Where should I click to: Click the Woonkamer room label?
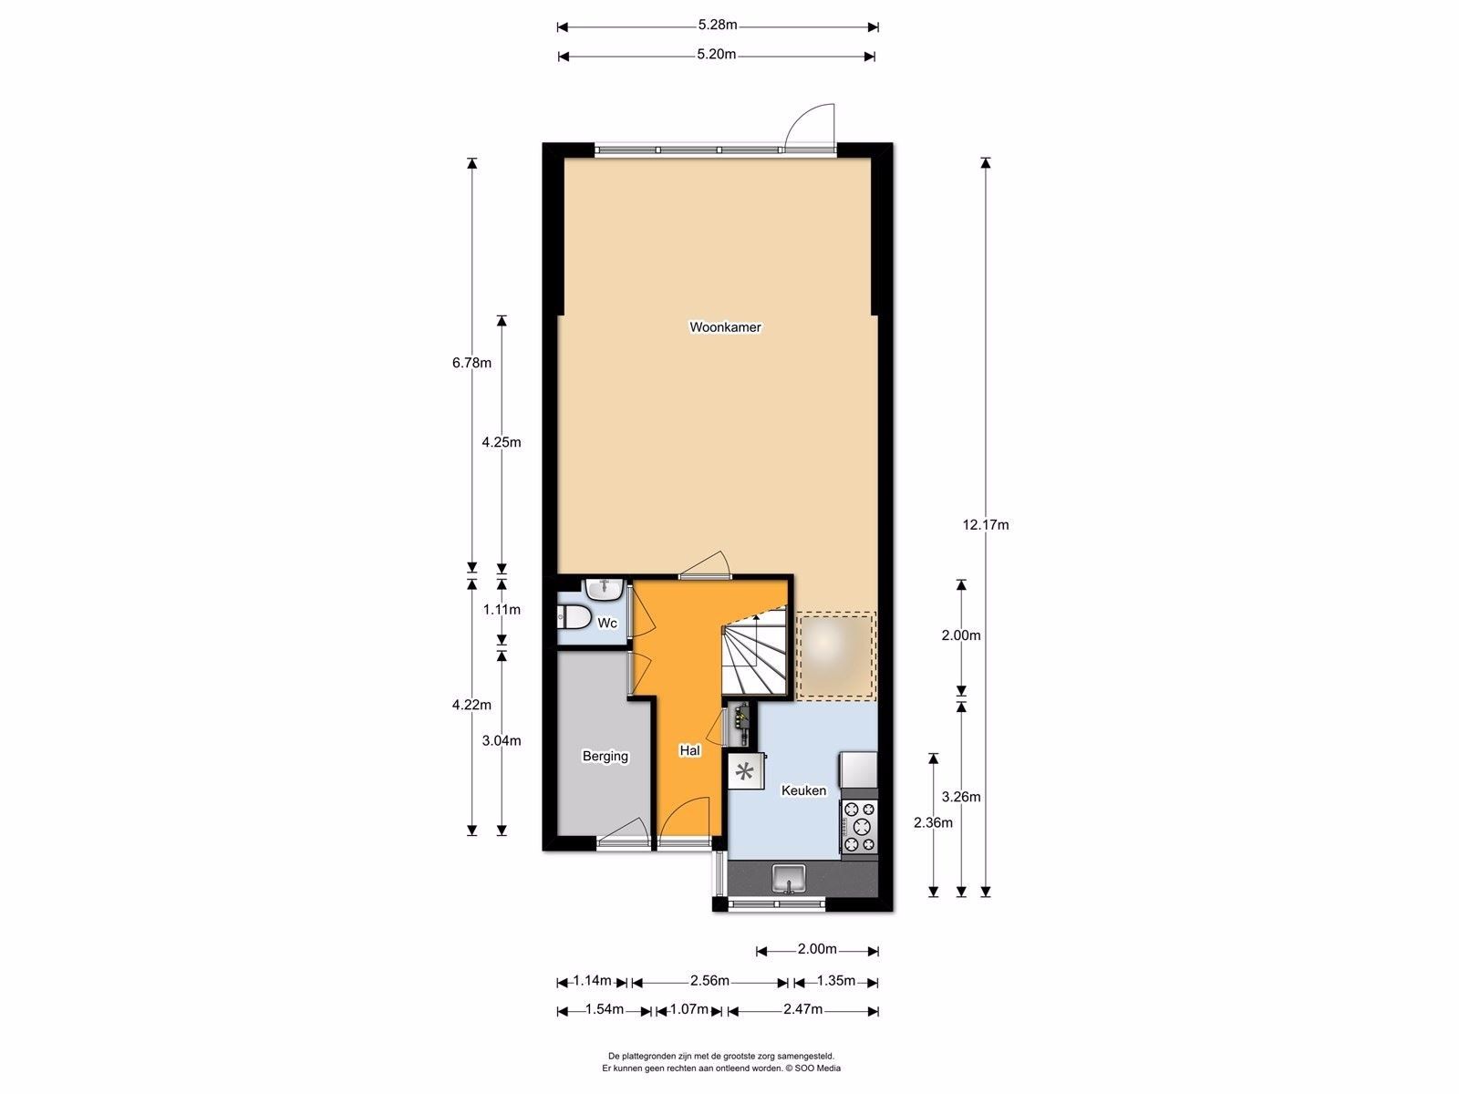click(725, 327)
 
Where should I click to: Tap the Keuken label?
click(803, 790)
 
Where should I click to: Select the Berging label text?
click(605, 756)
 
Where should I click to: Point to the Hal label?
click(689, 751)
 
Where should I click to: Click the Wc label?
click(607, 624)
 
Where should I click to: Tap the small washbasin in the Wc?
click(603, 589)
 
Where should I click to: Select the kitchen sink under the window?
click(788, 880)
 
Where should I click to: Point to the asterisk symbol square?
click(745, 772)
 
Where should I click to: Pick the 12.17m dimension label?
click(986, 525)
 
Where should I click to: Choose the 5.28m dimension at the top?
click(717, 26)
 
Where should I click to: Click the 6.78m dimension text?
click(471, 363)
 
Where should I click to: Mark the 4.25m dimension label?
click(502, 443)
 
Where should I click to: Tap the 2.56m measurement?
click(709, 981)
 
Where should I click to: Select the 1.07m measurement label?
click(688, 1009)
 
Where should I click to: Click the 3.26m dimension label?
click(961, 797)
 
